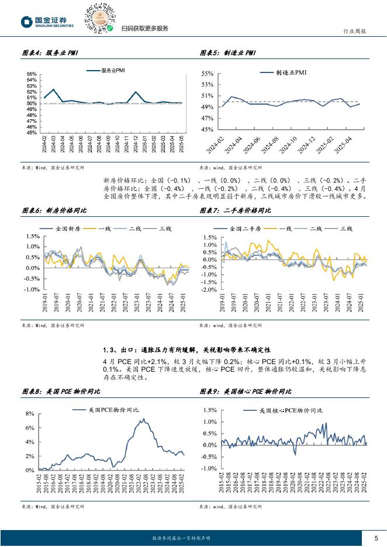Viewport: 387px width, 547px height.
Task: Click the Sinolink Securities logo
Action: pos(47,22)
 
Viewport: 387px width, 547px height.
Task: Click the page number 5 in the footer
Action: pos(375,538)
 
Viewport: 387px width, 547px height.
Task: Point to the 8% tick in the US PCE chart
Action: pos(31,414)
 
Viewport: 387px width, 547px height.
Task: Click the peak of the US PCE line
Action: pos(141,419)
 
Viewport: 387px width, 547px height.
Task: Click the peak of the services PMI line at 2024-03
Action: pos(54,89)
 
